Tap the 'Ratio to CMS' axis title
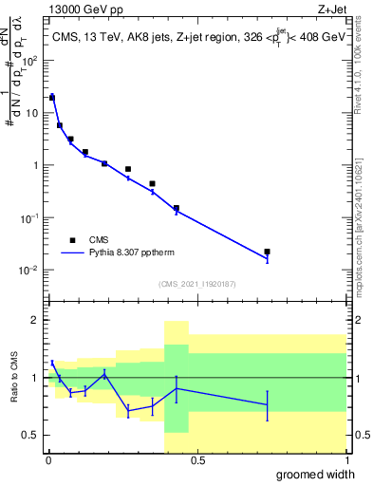15,378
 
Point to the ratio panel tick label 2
34,320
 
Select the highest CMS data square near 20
52,97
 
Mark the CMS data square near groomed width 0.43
176,208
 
